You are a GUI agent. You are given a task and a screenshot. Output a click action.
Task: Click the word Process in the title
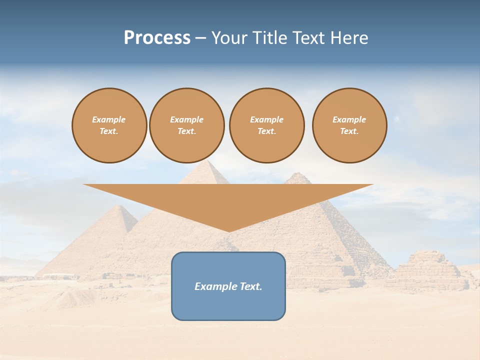coord(157,38)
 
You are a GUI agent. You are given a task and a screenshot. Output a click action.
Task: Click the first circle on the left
coord(109,125)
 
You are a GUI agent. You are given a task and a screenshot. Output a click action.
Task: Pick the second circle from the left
coord(187,125)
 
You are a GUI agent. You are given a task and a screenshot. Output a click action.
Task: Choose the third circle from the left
coord(266,125)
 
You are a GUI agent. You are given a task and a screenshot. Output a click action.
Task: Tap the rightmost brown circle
coord(349,125)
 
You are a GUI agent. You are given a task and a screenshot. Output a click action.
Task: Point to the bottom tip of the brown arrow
coord(229,231)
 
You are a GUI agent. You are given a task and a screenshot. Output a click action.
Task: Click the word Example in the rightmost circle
coord(349,119)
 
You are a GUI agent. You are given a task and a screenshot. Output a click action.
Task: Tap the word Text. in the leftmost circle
coord(109,131)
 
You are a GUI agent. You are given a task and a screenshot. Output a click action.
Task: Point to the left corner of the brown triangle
coord(84,185)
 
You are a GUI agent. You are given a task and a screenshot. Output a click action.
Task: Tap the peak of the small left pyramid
coord(118,206)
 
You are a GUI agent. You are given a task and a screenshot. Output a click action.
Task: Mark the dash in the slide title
coord(200,38)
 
